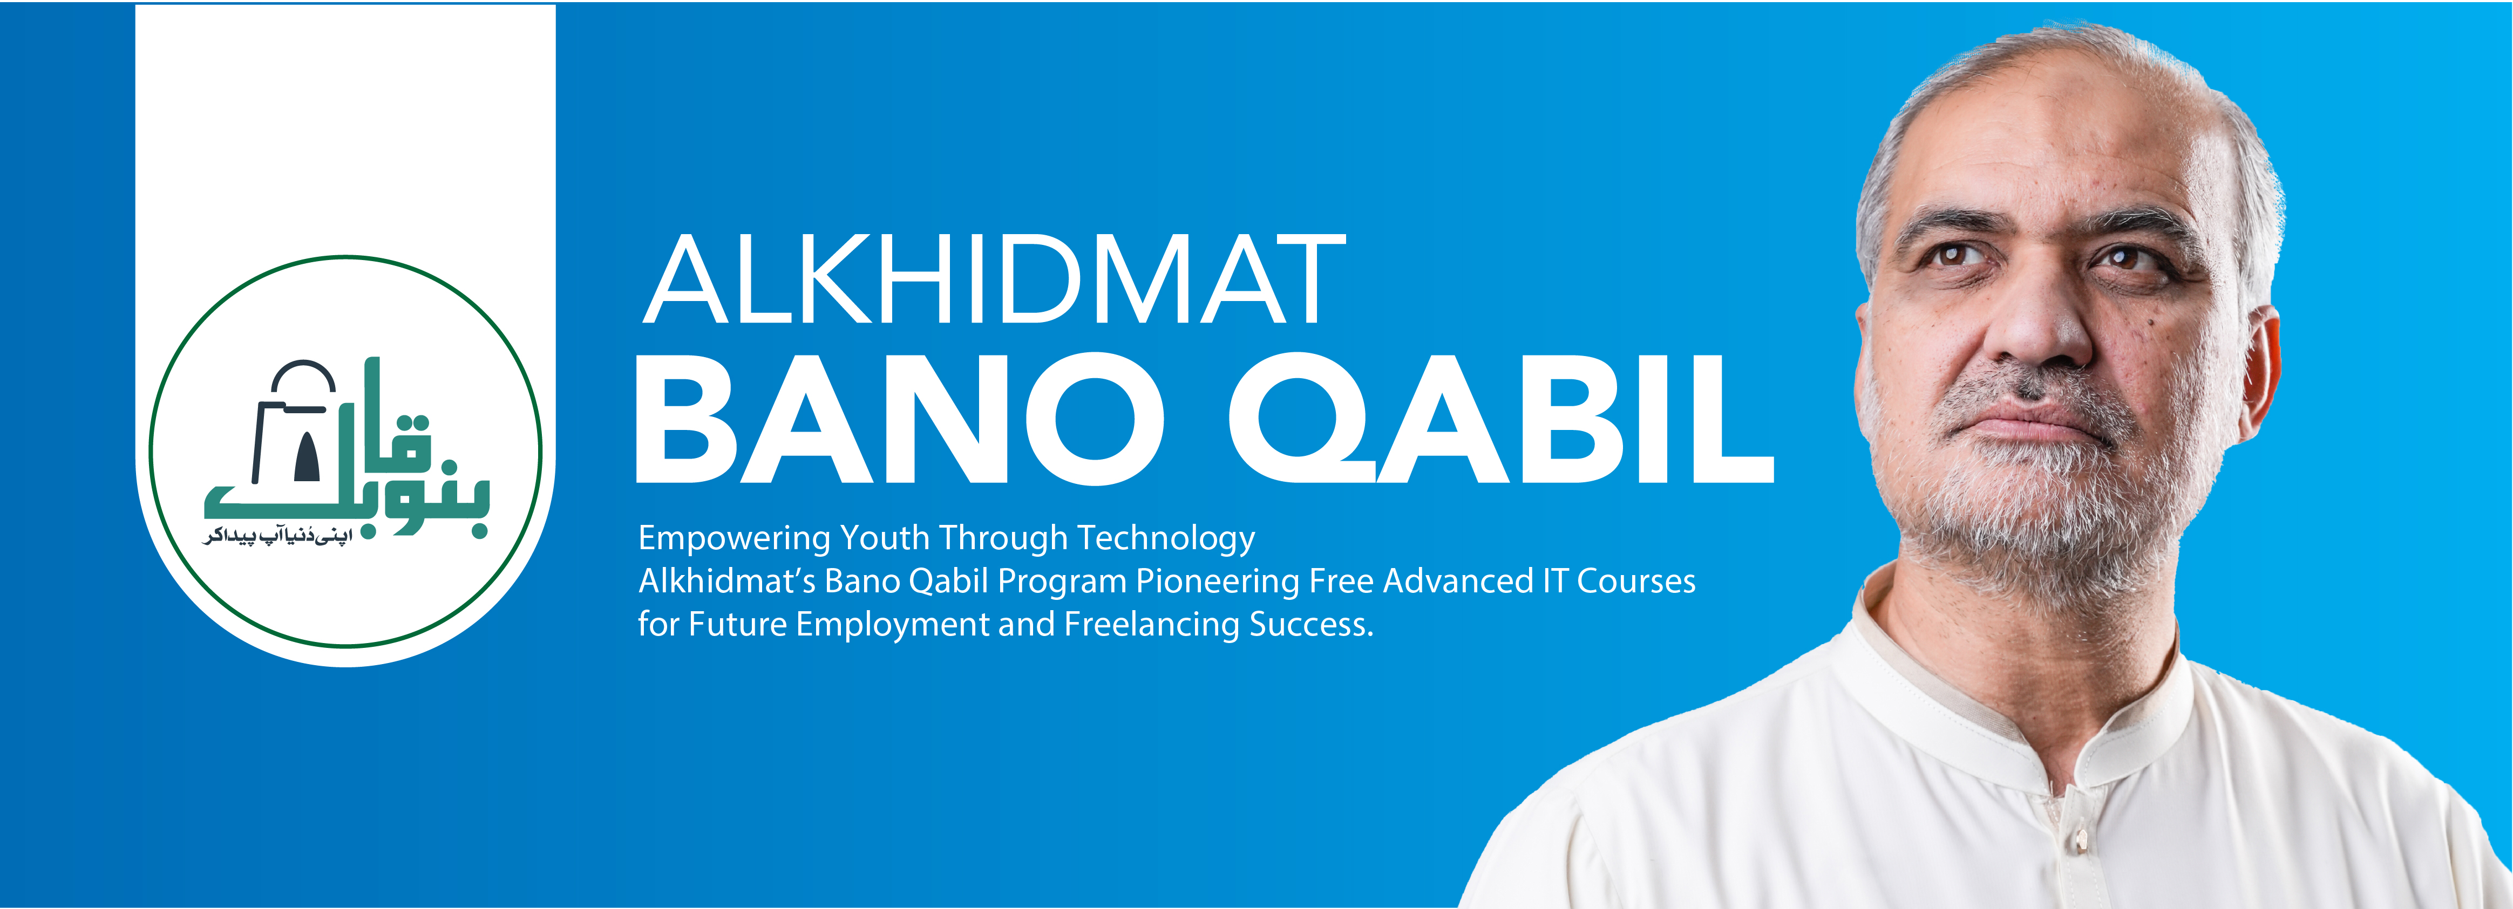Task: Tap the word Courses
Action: point(1636,582)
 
